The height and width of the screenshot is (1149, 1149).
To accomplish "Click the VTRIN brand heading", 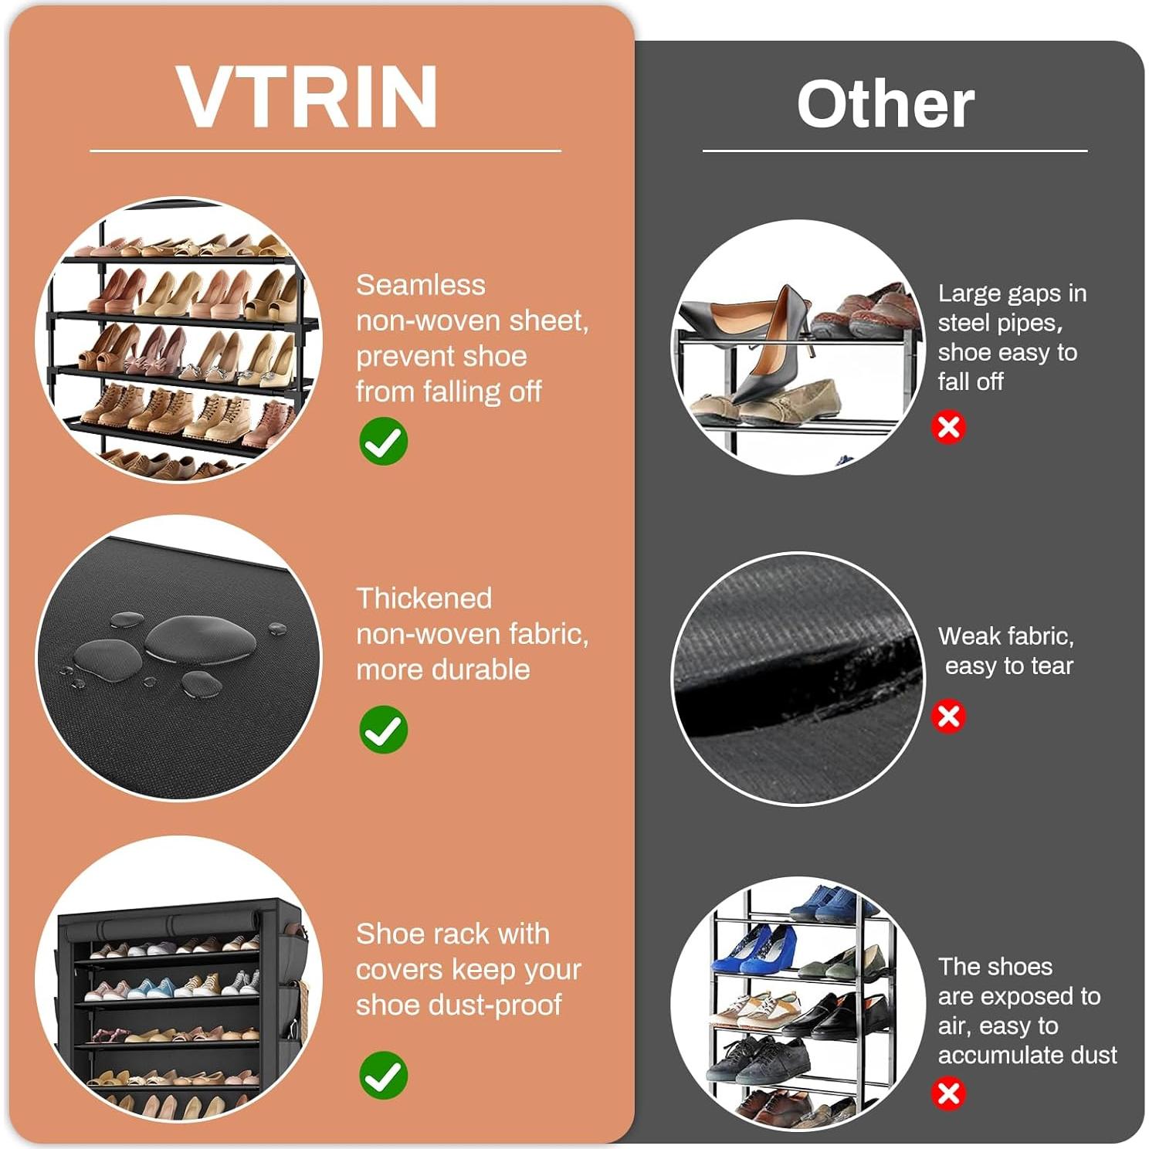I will point(307,97).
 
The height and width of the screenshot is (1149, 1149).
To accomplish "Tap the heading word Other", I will point(885,105).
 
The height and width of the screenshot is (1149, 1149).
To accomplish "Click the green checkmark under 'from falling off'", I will point(383,442).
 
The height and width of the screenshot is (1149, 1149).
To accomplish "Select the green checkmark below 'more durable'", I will point(383,730).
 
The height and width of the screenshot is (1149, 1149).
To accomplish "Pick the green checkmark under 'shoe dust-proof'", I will point(383,1075).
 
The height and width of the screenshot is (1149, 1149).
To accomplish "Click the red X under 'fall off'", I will point(949,427).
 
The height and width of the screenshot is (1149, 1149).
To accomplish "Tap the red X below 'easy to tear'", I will point(948,716).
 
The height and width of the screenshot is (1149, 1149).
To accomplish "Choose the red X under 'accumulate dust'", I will point(948,1093).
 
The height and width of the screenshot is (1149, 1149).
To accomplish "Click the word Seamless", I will point(421,285).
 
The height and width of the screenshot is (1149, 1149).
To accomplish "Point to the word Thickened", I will point(424,598).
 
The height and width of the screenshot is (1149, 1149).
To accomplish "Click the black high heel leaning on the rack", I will point(772,347).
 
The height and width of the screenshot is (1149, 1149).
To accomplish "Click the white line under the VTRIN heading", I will point(325,151).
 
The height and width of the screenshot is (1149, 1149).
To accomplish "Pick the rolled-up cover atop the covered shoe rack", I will point(178,924).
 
